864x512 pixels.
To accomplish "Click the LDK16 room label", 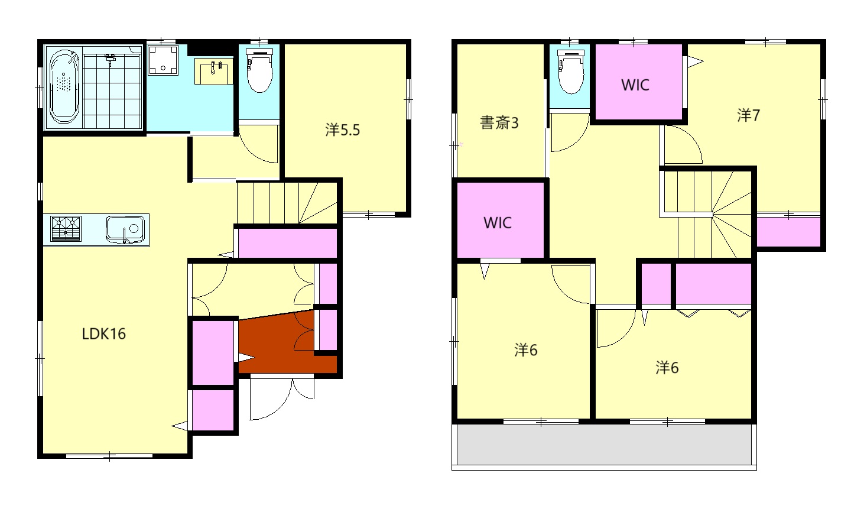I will click(x=103, y=334).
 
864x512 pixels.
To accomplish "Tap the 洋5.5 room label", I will click(x=342, y=130).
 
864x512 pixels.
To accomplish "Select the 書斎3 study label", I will click(x=499, y=123).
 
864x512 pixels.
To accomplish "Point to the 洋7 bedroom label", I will click(x=748, y=115).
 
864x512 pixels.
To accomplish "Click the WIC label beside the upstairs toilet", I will click(x=635, y=85).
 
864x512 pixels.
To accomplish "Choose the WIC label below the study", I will click(x=498, y=223).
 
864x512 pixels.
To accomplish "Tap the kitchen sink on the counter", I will click(x=125, y=229).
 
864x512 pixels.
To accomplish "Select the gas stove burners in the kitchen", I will click(x=66, y=229).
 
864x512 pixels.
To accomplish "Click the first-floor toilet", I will click(x=258, y=72).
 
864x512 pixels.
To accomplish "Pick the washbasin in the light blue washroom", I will click(x=215, y=73).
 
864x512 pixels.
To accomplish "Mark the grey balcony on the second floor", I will click(x=603, y=445).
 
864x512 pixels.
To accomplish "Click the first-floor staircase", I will click(x=287, y=203).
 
